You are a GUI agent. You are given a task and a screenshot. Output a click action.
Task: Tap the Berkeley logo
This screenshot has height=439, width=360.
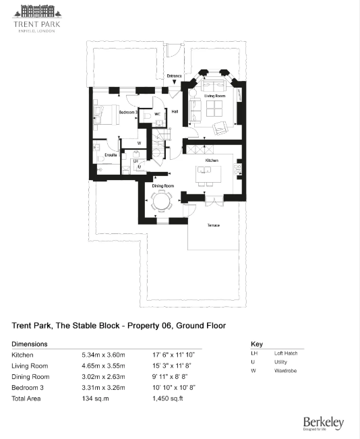coord(323,423)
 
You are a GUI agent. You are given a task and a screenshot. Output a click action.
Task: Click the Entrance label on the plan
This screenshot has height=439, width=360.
coord(174,76)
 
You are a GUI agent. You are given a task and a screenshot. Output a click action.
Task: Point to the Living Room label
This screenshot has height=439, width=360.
coord(215,96)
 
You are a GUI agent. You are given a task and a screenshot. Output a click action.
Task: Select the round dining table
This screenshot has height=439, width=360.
coord(161,201)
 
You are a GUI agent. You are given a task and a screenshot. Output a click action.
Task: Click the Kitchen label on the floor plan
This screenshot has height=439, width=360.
coord(212,160)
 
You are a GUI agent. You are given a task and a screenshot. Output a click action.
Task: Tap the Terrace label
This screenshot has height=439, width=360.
coord(212,225)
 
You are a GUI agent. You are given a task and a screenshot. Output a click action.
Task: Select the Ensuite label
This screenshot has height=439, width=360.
coord(102,154)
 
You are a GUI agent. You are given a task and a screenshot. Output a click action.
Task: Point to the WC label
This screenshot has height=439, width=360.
coord(157,115)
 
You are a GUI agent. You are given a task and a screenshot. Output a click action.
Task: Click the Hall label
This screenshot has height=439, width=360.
coord(175,111)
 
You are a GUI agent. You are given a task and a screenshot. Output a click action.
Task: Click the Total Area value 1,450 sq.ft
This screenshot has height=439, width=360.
coord(171,399)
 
